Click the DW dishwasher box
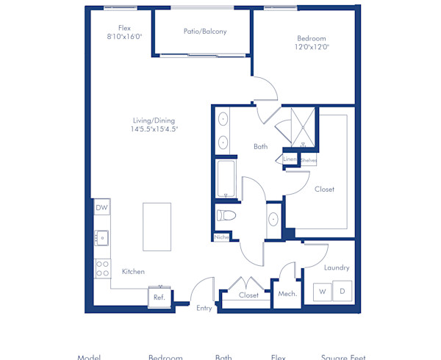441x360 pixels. point(102,208)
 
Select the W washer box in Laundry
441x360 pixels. point(322,292)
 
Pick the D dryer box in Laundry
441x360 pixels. point(342,292)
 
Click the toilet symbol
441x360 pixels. point(226,216)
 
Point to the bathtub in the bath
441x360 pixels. point(226,179)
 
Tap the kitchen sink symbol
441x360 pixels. point(101,238)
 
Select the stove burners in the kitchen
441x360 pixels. point(102,268)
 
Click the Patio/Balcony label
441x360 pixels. point(204,32)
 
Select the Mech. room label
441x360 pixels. point(287,295)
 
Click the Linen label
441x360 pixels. point(290,159)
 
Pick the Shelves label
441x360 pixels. point(309,159)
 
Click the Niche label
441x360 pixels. point(221,237)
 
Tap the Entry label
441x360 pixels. point(204,309)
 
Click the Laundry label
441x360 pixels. point(336,268)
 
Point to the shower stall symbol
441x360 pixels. point(302,126)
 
